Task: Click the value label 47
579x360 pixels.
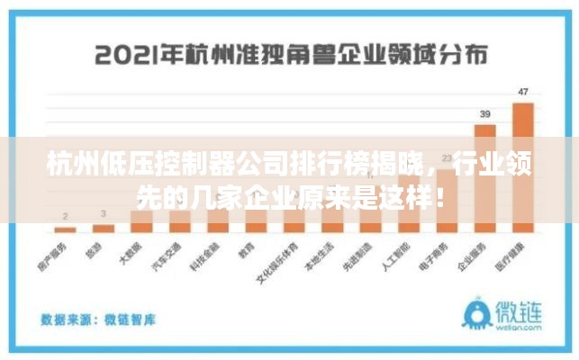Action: [523, 92]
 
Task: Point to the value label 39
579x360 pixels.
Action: [484, 114]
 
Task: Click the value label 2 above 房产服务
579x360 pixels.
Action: [64, 216]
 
